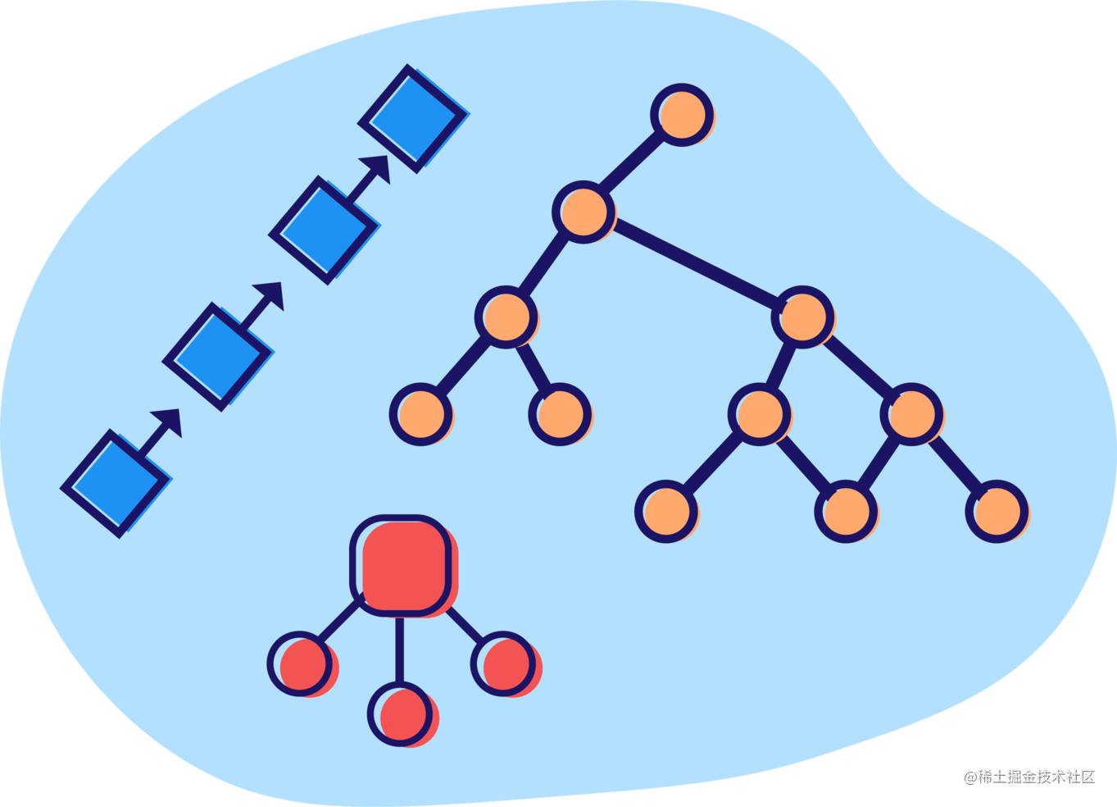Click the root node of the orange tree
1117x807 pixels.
click(682, 115)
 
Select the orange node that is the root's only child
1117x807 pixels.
click(583, 212)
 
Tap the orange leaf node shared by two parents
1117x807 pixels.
click(845, 512)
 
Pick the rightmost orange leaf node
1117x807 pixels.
click(997, 512)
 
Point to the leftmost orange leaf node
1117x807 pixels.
click(420, 413)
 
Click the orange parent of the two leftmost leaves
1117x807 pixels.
click(506, 317)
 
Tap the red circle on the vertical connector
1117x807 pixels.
click(400, 714)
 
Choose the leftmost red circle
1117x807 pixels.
click(301, 663)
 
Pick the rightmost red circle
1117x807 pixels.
click(503, 663)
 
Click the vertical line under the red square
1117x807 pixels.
click(399, 648)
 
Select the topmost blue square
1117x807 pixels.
click(413, 118)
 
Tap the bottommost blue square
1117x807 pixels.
click(116, 483)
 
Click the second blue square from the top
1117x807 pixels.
click(325, 229)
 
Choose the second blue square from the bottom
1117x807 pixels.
click(219, 356)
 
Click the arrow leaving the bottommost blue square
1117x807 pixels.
click(159, 431)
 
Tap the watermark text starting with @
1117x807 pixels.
click(1028, 775)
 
